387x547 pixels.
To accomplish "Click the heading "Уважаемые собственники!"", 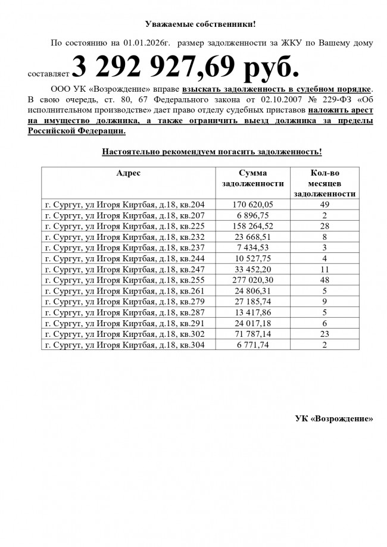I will (x=201, y=24).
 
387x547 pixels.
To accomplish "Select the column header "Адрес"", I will (x=129, y=173).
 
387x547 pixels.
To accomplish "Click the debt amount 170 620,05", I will (x=252, y=204).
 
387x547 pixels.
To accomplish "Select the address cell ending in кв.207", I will (x=125, y=215).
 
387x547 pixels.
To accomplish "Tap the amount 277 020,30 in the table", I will (x=252, y=279).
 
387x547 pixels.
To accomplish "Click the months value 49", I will (x=325, y=204).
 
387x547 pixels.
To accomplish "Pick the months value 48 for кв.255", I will (x=325, y=279).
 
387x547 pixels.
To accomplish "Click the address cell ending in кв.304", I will (x=125, y=344).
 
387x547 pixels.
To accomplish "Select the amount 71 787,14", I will (x=252, y=333).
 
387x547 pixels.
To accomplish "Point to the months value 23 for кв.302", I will (x=325, y=333).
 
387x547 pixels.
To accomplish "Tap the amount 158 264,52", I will (x=252, y=226).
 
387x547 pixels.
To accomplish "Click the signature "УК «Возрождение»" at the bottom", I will (x=334, y=418).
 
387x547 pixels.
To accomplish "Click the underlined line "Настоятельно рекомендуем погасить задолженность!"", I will (x=212, y=152).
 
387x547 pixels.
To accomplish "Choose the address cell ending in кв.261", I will (x=125, y=290).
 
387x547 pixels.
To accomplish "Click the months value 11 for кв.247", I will (x=325, y=268).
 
